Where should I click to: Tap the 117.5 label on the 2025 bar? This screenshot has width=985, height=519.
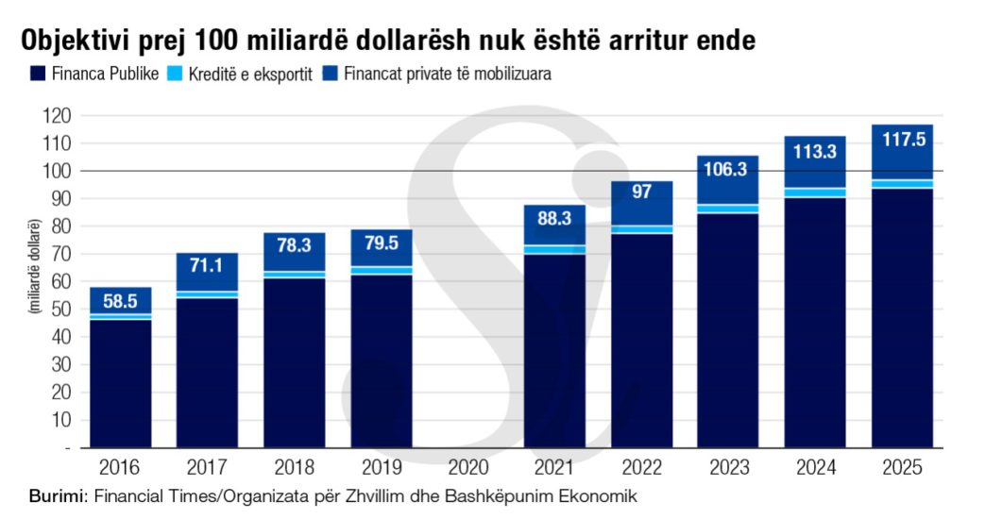pyautogui.click(x=902, y=139)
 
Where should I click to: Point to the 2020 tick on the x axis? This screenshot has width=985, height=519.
pyautogui.click(x=468, y=466)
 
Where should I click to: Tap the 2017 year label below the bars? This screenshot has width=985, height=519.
pyautogui.click(x=207, y=466)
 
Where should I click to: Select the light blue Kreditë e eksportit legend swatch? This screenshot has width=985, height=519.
pyautogui.click(x=175, y=73)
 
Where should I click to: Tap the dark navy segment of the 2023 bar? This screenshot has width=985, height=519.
pyautogui.click(x=728, y=330)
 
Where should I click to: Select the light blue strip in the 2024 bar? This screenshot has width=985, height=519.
pyautogui.click(x=815, y=193)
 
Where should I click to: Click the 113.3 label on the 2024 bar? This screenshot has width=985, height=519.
pyautogui.click(x=815, y=150)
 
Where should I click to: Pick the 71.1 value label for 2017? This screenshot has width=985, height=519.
pyautogui.click(x=207, y=267)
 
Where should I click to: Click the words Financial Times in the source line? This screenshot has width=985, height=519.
pyautogui.click(x=141, y=496)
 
